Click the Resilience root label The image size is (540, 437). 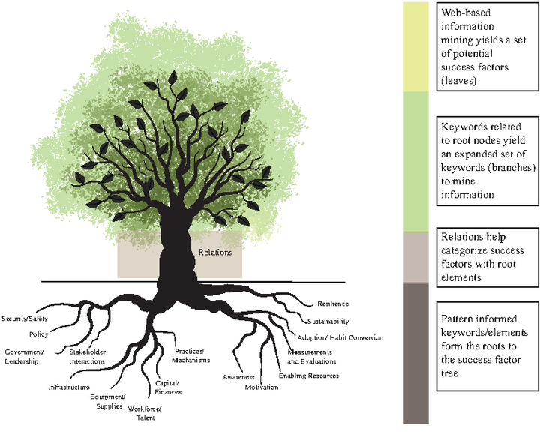pos(333,304)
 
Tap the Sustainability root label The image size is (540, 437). pos(328,322)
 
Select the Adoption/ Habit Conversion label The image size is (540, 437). pos(340,338)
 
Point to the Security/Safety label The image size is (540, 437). pos(25,319)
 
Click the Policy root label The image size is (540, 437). pos(39,334)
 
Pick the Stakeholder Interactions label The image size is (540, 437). pos(88,357)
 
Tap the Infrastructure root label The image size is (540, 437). pos(69,388)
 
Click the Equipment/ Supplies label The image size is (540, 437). pos(108,402)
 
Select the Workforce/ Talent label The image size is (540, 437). pos(145,413)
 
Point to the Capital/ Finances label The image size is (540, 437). pos(168,388)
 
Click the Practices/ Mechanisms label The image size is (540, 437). pos(190,356)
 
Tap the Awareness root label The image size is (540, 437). pos(238,377)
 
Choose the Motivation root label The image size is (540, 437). pos(262,388)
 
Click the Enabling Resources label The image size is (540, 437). pos(309,376)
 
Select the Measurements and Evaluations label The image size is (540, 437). pos(312,357)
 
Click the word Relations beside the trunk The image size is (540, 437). pos(215,253)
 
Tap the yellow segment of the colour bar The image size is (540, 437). pos(415,46)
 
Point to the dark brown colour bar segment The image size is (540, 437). pos(415,353)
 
